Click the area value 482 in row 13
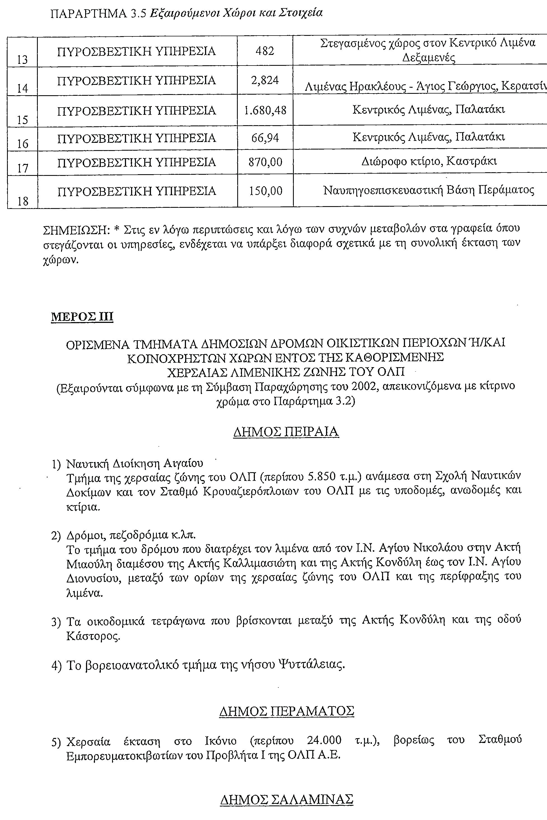click(x=265, y=51)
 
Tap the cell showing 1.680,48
click(x=265, y=111)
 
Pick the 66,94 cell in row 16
click(x=265, y=138)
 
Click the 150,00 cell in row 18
click(x=265, y=191)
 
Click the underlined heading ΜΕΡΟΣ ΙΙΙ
click(x=82, y=317)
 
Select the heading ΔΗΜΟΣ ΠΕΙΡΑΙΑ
click(x=286, y=432)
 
